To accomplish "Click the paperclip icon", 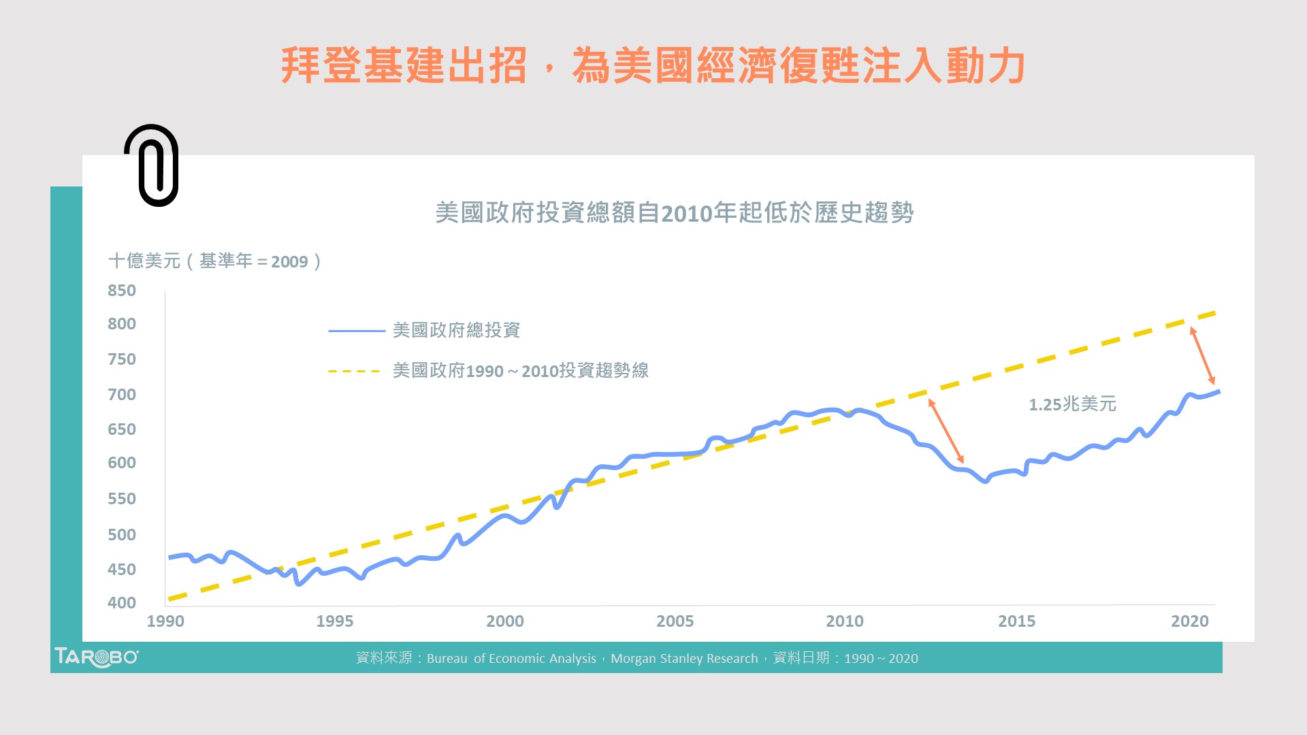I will click(x=152, y=165).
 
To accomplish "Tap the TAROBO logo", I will click(x=96, y=657).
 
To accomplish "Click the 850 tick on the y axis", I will click(x=122, y=291).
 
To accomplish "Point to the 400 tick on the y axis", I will click(x=122, y=603).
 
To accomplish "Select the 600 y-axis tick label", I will click(x=122, y=463).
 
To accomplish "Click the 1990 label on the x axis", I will click(x=165, y=621).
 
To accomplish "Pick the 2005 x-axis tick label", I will click(x=675, y=621).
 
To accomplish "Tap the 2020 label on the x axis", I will click(x=1189, y=621).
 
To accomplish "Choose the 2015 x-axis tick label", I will click(x=1016, y=621).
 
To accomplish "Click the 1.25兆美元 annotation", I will click(x=1072, y=404).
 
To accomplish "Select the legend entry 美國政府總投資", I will click(x=456, y=331).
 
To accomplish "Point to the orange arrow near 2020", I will click(x=1202, y=356).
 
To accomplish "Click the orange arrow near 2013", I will click(x=946, y=431).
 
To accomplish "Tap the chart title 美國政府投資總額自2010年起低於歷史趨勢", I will click(x=674, y=213).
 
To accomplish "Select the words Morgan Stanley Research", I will click(x=684, y=659).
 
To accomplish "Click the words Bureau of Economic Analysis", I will click(x=511, y=659).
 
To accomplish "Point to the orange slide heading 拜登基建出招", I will click(x=404, y=66).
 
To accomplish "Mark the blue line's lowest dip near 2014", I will click(x=984, y=481).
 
